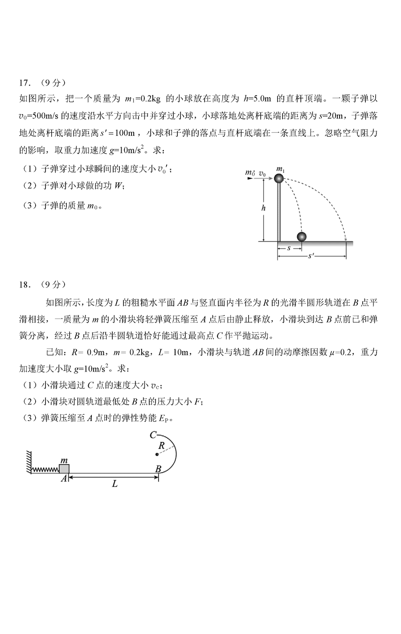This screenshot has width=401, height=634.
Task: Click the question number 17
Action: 25,83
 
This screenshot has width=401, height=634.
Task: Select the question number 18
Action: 25,284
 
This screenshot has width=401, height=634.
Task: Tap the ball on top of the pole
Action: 279,179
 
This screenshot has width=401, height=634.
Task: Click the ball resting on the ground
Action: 302,237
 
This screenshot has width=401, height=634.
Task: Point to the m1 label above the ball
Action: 280,169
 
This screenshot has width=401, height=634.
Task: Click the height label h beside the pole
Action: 265,208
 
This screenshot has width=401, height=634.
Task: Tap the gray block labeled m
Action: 64,468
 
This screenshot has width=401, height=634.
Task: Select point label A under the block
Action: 64,478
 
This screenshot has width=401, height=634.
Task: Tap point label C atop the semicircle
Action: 153,434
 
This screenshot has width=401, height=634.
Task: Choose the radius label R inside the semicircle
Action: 162,445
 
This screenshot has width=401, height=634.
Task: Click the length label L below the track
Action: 115,483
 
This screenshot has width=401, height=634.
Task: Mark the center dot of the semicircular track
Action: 157,454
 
